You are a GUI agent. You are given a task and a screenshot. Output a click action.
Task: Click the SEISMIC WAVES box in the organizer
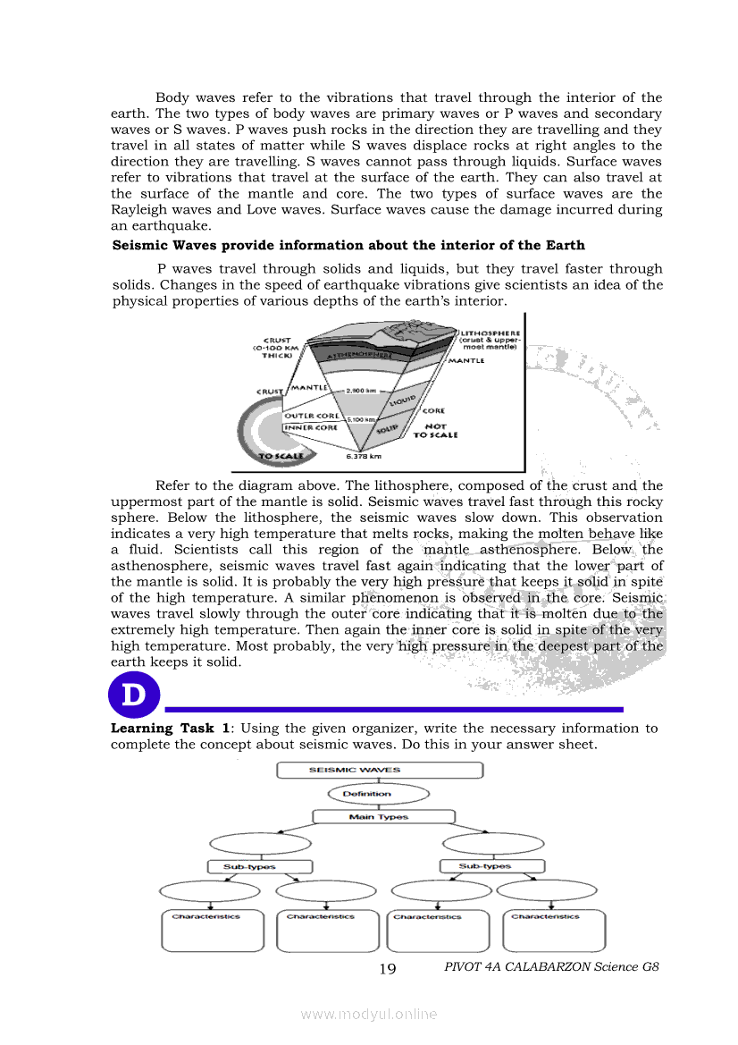380,770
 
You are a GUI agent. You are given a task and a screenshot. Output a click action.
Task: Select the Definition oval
367,794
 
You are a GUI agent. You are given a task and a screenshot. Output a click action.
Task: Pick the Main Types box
379,817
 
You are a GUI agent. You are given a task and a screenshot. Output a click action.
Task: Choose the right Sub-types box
492,866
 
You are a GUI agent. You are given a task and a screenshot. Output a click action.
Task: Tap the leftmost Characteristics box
213,931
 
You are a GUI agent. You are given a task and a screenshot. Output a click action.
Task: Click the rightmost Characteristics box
554,931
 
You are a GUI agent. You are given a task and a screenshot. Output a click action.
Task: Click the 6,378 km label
364,458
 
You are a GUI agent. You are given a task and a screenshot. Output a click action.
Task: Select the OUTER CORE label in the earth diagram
311,416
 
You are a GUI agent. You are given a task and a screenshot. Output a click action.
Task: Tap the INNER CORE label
310,428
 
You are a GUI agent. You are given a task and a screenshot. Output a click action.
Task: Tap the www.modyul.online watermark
369,1014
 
